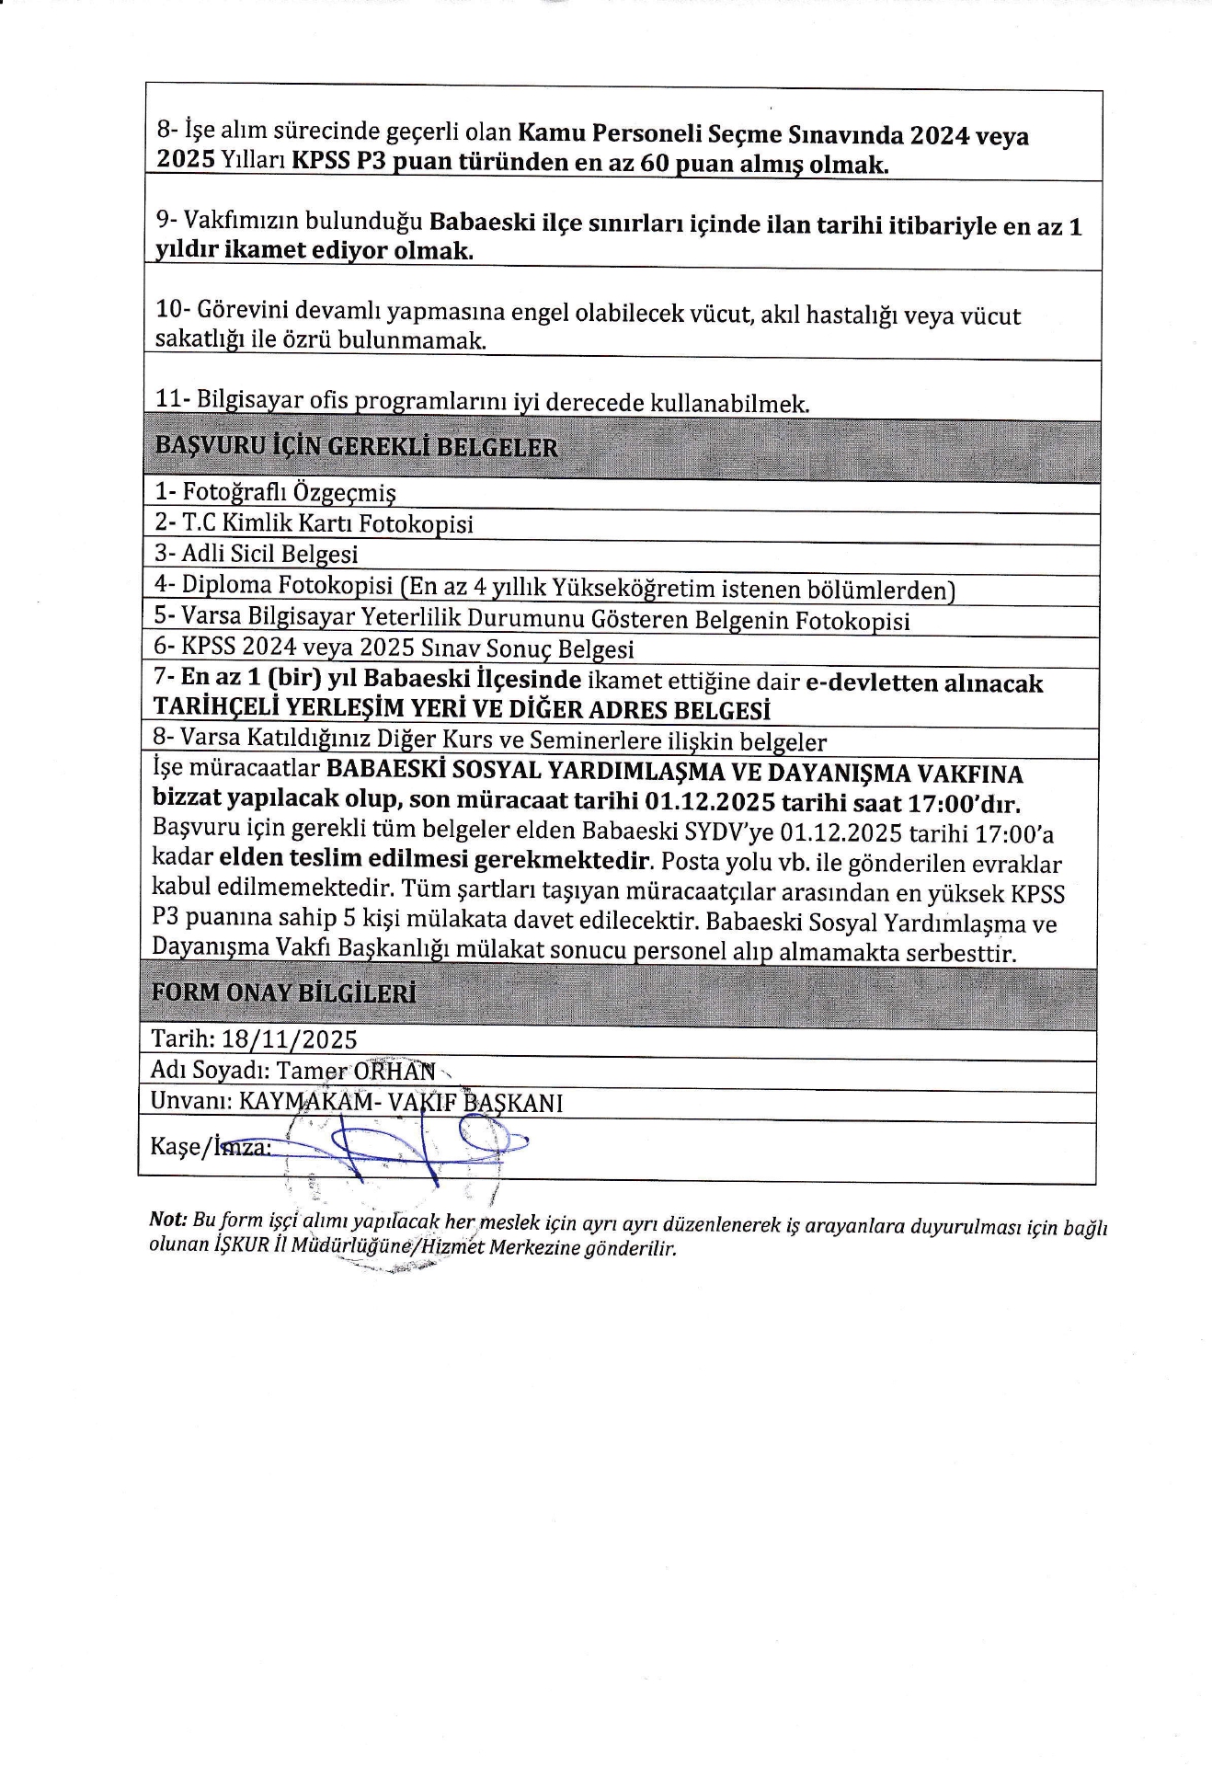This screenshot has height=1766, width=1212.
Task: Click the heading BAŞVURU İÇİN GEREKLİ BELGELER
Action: (356, 447)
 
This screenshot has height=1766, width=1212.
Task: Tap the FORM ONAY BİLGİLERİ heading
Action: (283, 993)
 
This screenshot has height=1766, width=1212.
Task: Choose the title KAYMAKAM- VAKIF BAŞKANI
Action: (401, 1102)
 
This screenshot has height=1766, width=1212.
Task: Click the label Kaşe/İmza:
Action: (210, 1147)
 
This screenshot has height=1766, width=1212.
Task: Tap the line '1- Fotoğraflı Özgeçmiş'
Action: (275, 493)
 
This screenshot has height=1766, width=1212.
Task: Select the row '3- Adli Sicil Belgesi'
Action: (256, 554)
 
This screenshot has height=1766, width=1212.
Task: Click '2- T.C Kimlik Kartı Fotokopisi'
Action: (314, 523)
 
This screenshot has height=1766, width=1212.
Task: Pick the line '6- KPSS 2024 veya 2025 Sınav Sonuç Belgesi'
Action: (394, 648)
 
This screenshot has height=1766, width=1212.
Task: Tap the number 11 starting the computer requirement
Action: (168, 399)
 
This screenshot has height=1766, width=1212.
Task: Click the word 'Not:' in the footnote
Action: (168, 1220)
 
